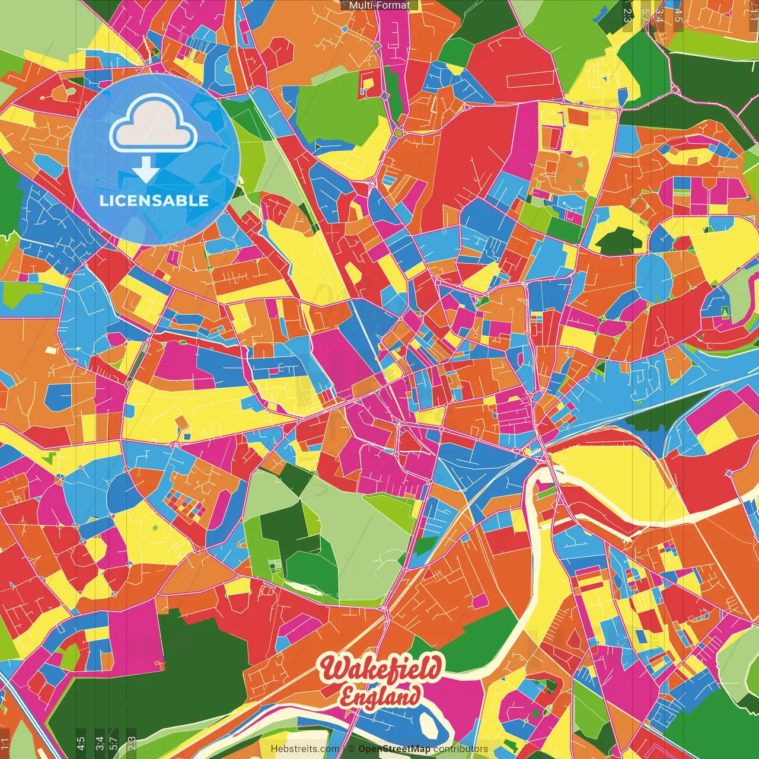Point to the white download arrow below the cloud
(x=145, y=170)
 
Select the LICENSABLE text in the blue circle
(x=154, y=200)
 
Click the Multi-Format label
(x=379, y=5)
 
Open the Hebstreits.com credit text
(x=305, y=749)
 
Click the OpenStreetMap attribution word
(x=394, y=749)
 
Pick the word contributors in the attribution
(x=461, y=749)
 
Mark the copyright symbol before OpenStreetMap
(x=352, y=749)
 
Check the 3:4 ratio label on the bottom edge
(x=99, y=743)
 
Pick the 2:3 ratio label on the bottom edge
(x=132, y=743)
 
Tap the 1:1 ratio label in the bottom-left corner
(x=5, y=743)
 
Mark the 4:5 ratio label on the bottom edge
(x=81, y=743)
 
